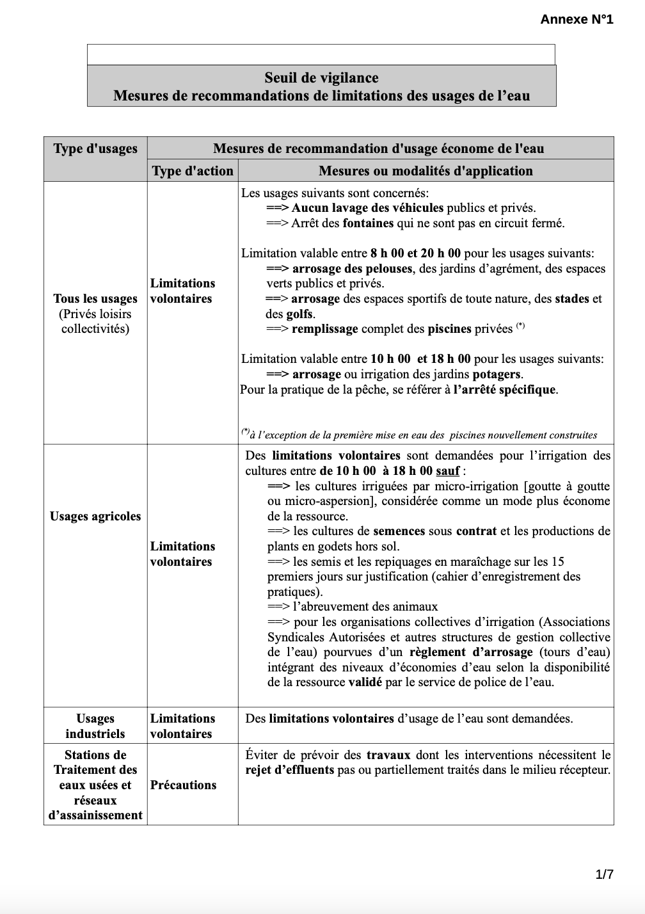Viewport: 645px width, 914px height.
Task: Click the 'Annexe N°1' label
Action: tap(577, 19)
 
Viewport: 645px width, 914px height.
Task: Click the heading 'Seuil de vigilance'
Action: tap(321, 78)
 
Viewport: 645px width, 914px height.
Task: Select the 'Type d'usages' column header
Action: tap(95, 148)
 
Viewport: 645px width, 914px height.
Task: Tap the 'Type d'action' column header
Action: tap(193, 171)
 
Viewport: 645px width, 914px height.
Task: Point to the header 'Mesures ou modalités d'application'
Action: tap(426, 171)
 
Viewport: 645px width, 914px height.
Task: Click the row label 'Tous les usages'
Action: tap(95, 299)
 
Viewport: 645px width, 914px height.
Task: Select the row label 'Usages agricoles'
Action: tap(95, 517)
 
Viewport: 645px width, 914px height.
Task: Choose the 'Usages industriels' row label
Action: tap(95, 726)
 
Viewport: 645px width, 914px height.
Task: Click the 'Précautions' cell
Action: tap(183, 785)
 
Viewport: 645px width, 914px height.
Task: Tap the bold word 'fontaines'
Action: tap(368, 223)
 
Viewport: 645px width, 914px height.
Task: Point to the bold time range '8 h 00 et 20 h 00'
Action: tap(416, 253)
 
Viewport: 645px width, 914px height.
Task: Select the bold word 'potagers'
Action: tap(497, 374)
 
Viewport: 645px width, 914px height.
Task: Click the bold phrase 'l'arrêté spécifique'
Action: tap(505, 389)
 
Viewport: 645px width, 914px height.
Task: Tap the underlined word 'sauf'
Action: tap(448, 471)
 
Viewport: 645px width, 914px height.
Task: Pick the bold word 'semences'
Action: tap(399, 531)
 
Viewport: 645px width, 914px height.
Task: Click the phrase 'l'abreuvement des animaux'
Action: tap(365, 607)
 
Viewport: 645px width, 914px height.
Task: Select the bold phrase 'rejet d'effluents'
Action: tap(290, 770)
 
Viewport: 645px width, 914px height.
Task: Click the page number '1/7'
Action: tap(605, 874)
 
